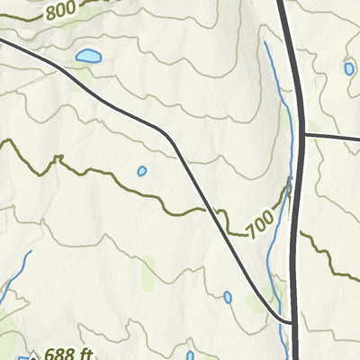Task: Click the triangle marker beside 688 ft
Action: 33,355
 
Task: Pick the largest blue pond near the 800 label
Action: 88,57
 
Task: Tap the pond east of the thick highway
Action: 349,68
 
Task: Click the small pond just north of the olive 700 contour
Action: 141,171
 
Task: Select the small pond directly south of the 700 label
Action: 228,297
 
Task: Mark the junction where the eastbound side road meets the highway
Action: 303,135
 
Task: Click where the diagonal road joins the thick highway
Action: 294,321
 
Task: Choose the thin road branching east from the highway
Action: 333,136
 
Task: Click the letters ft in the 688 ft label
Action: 84,354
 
